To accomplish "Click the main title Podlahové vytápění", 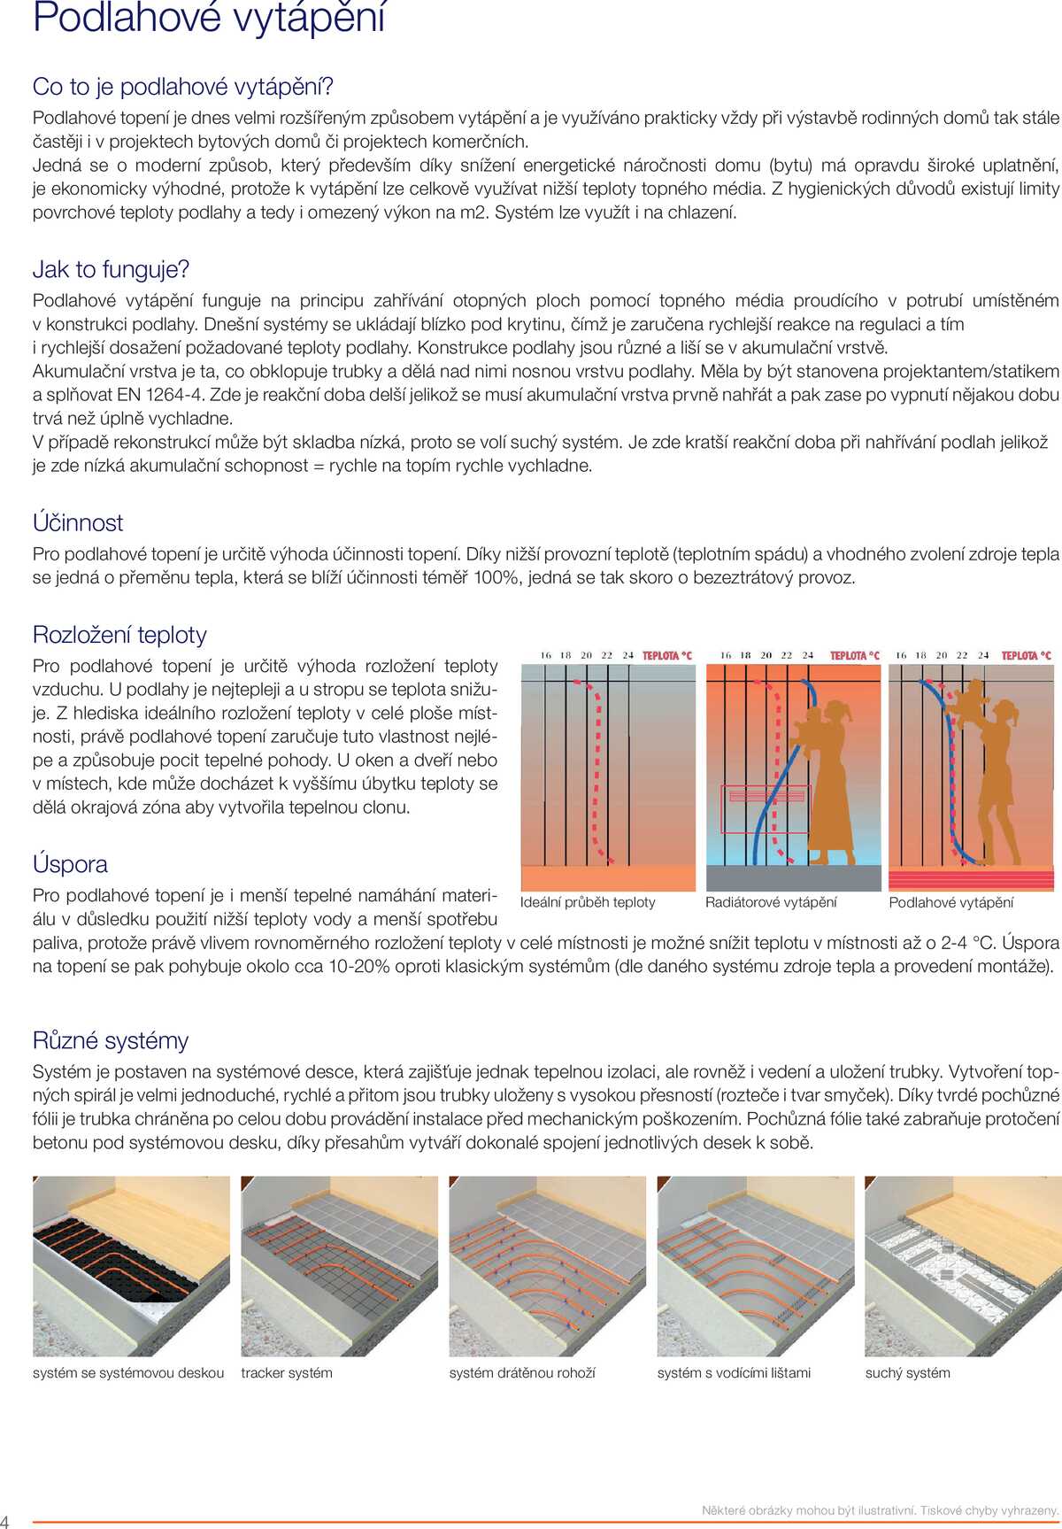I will (209, 18).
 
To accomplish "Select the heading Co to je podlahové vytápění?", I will (183, 87).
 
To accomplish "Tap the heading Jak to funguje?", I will (111, 269).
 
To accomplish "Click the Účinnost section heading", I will (78, 522).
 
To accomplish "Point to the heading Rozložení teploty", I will (119, 635).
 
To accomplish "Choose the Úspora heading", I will (70, 864).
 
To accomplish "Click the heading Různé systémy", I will (111, 1040).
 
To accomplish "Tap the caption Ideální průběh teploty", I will (588, 902).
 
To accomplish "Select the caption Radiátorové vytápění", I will (770, 902).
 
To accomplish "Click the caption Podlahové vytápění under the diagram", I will (950, 902).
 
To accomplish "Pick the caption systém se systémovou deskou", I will (128, 1373).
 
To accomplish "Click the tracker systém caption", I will (287, 1373).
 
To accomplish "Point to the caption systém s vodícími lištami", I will (734, 1373).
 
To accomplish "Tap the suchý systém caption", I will (907, 1373).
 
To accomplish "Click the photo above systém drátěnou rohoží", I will (547, 1266).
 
